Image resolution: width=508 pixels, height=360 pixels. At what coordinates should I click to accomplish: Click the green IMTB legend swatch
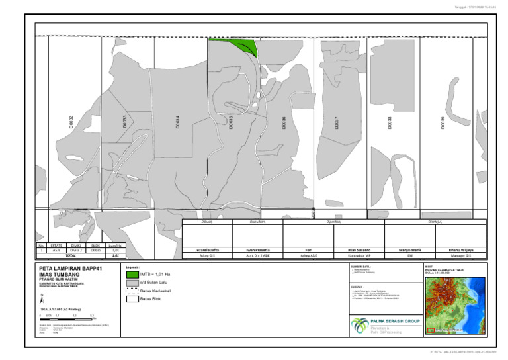click(132, 273)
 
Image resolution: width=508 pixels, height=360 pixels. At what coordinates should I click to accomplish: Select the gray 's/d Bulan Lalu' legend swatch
click(132, 282)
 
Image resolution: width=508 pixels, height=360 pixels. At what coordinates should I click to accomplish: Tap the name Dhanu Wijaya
click(461, 250)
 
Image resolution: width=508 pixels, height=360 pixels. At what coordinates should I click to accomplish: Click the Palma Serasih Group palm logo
click(361, 325)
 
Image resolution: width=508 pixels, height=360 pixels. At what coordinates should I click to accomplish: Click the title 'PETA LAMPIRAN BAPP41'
click(69, 269)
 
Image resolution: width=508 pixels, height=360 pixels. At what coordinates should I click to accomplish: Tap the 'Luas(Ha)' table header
click(116, 245)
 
